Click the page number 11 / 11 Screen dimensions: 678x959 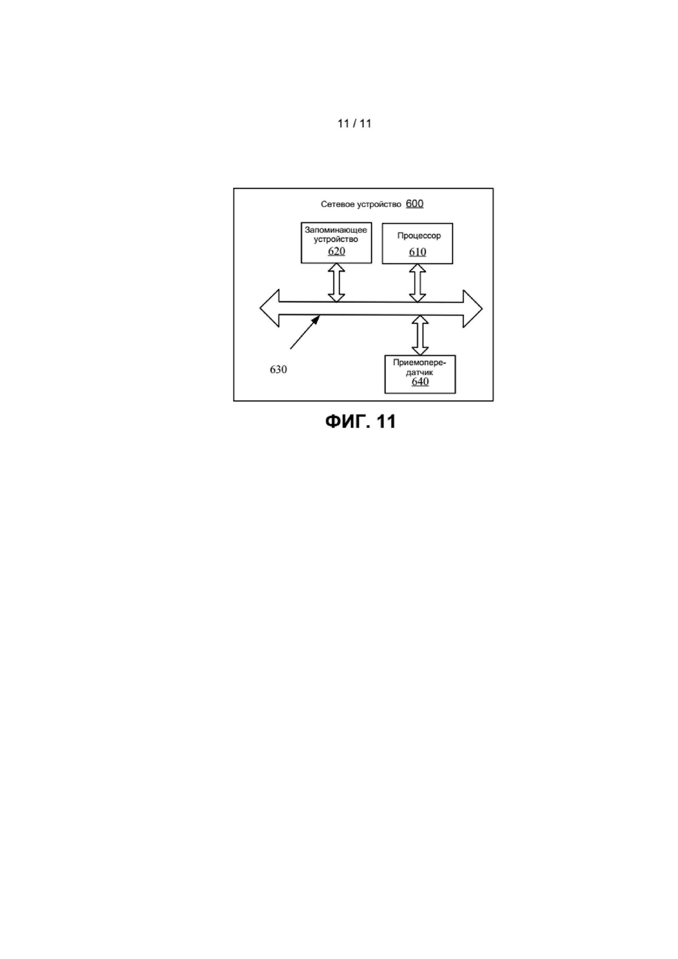pos(354,124)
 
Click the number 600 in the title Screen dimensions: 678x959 pos(414,204)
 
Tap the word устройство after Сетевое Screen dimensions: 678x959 pos(380,204)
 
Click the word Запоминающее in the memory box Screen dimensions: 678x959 pos(336,230)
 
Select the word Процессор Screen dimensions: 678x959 pos(418,236)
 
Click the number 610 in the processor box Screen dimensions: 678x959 pos(417,252)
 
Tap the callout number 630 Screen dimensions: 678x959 pos(278,370)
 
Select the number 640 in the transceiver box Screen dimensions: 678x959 pos(420,382)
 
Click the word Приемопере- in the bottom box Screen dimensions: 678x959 pos(419,363)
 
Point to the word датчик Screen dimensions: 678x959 pos(419,372)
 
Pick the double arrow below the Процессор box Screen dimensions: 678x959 pos(417,283)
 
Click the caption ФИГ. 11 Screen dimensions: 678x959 pos(360,422)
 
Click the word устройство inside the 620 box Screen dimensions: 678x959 pos(336,240)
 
